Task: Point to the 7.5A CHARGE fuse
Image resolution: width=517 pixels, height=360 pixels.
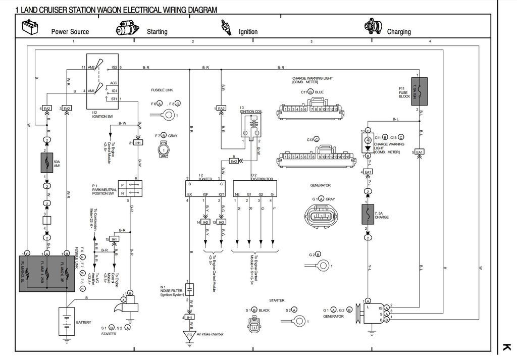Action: pyautogui.click(x=367, y=214)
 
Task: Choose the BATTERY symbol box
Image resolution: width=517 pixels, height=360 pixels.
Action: pyautogui.click(x=67, y=322)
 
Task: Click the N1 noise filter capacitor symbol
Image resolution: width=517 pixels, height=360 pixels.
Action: pyautogui.click(x=189, y=289)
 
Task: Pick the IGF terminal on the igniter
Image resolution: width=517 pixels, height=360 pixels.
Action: pyautogui.click(x=205, y=194)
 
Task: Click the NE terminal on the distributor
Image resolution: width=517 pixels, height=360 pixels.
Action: pyautogui.click(x=237, y=194)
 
